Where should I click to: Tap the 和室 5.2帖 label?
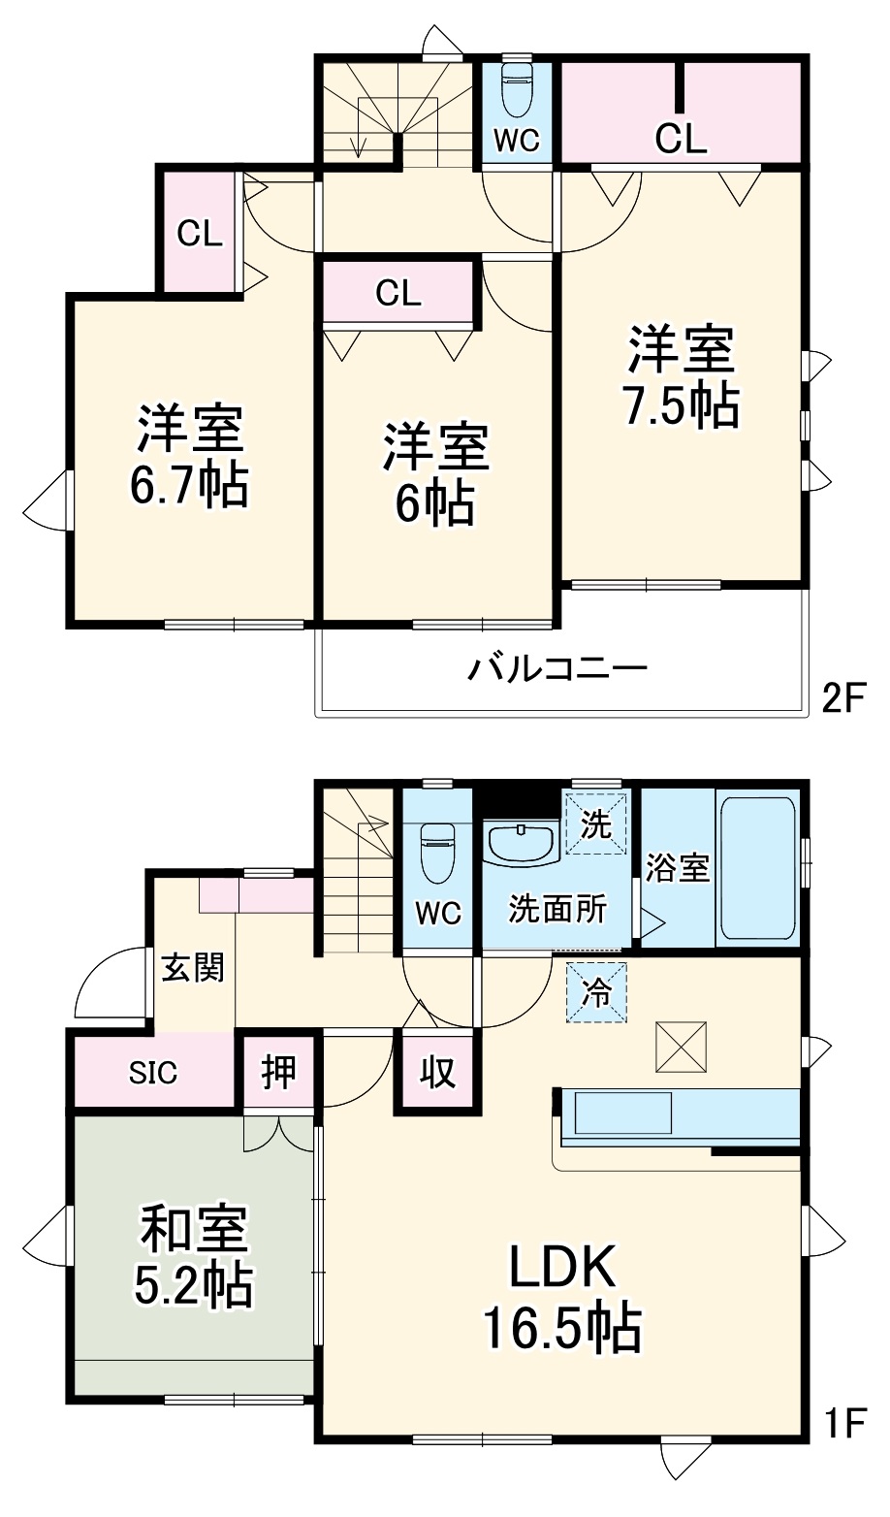(194, 1257)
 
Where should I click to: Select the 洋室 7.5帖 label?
(681, 377)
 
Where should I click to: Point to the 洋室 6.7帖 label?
(190, 456)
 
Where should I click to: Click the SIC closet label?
(153, 1073)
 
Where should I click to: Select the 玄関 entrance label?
(193, 966)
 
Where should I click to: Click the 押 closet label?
(278, 1073)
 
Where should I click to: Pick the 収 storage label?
(437, 1073)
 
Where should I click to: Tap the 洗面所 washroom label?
(557, 910)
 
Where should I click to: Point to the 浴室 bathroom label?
(678, 868)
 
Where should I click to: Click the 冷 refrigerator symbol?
(597, 992)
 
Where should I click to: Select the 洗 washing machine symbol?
(596, 824)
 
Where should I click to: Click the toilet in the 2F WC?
(517, 91)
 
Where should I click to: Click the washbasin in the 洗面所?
(521, 843)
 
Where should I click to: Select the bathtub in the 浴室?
(757, 868)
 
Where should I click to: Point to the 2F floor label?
(842, 698)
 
